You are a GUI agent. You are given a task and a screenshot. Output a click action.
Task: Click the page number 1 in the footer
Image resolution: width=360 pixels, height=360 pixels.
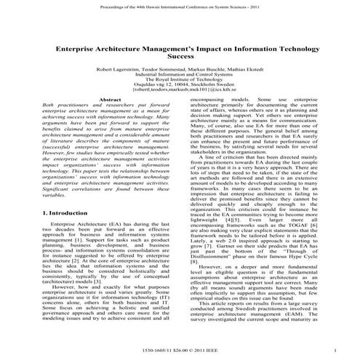pos(334,351)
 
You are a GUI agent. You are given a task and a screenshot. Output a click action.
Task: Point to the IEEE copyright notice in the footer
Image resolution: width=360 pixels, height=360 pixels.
pos(180,351)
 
